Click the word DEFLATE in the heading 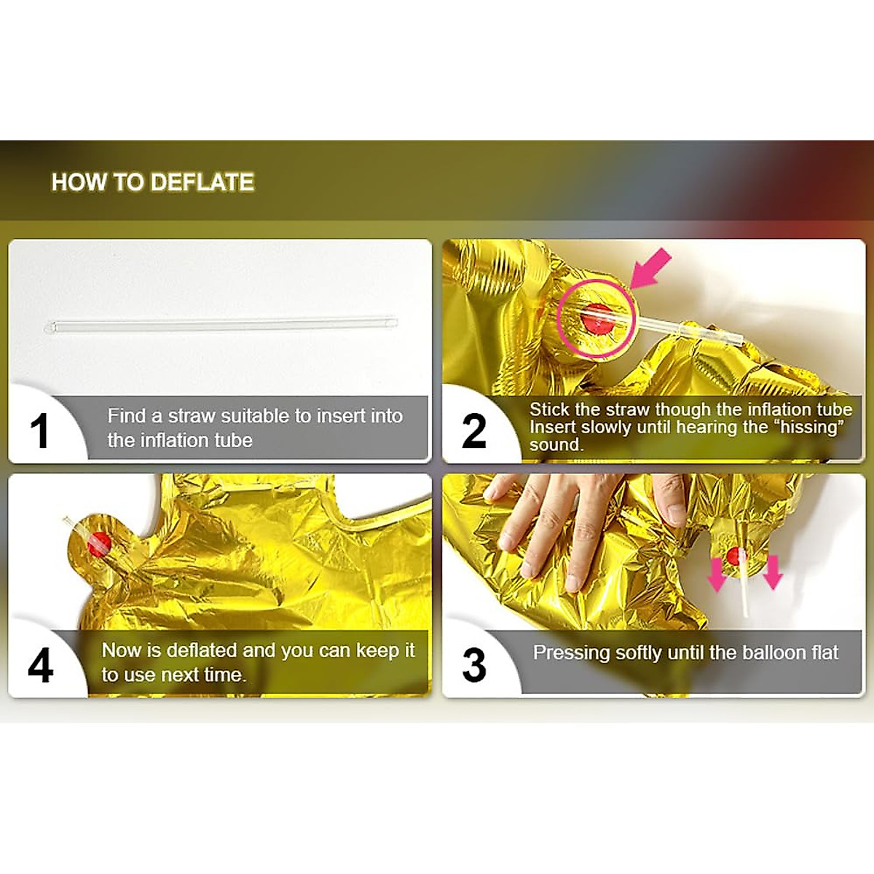click(x=202, y=182)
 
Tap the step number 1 click(x=39, y=431)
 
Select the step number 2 click(x=474, y=431)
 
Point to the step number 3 click(x=474, y=666)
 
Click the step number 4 click(x=40, y=666)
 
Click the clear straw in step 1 click(x=221, y=326)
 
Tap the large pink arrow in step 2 click(x=651, y=269)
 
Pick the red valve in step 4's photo click(x=99, y=545)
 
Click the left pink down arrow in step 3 click(x=717, y=575)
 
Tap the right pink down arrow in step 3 click(x=773, y=573)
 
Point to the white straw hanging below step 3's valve click(x=743, y=585)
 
